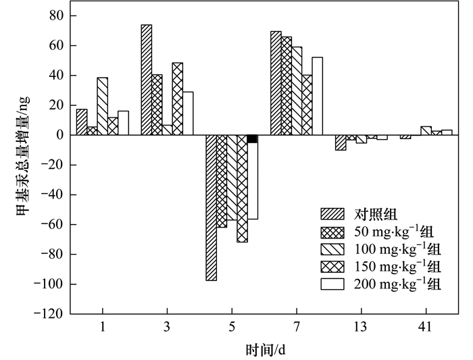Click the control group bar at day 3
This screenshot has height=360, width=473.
pos(146,80)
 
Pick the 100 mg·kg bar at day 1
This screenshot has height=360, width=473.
pos(102,106)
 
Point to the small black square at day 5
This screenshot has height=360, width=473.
pos(252,139)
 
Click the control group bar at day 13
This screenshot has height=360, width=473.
pos(341,143)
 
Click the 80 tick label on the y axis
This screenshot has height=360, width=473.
pos(56,16)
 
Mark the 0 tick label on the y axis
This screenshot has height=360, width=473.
pos(59,135)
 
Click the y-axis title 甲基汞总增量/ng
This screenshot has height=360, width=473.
pos(22,165)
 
